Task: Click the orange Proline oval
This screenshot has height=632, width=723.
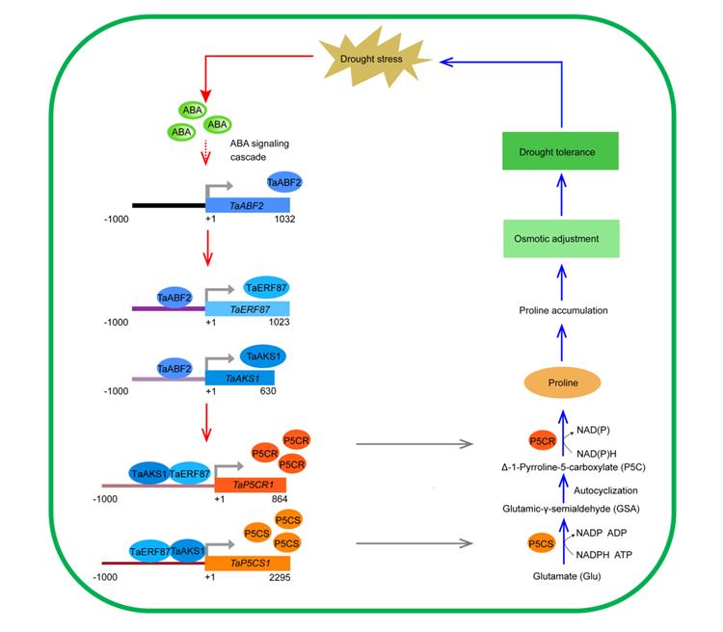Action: (x=565, y=382)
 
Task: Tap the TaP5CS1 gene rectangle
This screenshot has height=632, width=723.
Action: (x=247, y=562)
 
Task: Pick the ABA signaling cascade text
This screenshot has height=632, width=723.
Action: (x=259, y=150)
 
